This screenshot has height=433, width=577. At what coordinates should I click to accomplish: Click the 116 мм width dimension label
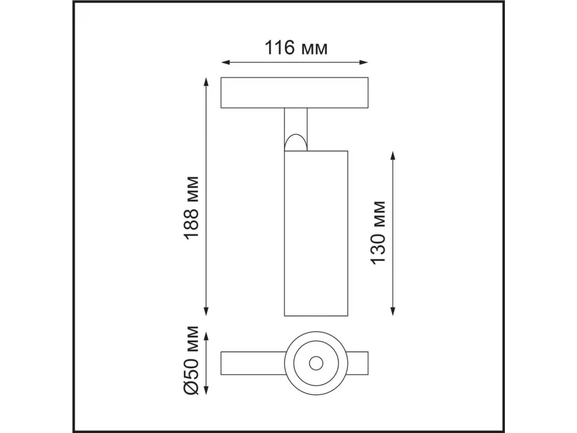tap(296, 48)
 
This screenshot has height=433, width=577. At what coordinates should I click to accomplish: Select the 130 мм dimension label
tap(378, 233)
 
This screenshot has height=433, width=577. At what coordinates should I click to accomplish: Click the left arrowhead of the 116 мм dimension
tap(226, 63)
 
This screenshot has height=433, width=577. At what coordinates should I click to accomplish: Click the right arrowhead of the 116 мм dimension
tap(364, 63)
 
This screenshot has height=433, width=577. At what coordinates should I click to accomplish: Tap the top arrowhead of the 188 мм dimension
tap(206, 82)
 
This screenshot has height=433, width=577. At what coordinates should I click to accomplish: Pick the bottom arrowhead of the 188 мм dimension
tap(206, 311)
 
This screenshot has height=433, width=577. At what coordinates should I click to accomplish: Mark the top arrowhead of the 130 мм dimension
tap(393, 155)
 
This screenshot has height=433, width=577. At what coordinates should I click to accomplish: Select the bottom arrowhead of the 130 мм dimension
tap(393, 311)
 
